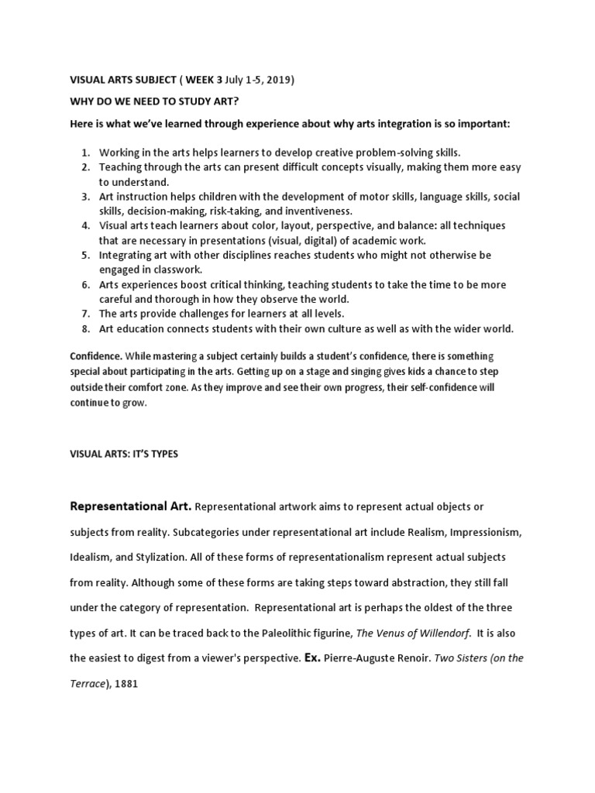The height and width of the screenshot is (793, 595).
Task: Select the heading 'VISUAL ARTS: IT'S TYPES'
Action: coord(124,454)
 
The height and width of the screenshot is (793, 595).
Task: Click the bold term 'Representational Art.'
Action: coord(131,506)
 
